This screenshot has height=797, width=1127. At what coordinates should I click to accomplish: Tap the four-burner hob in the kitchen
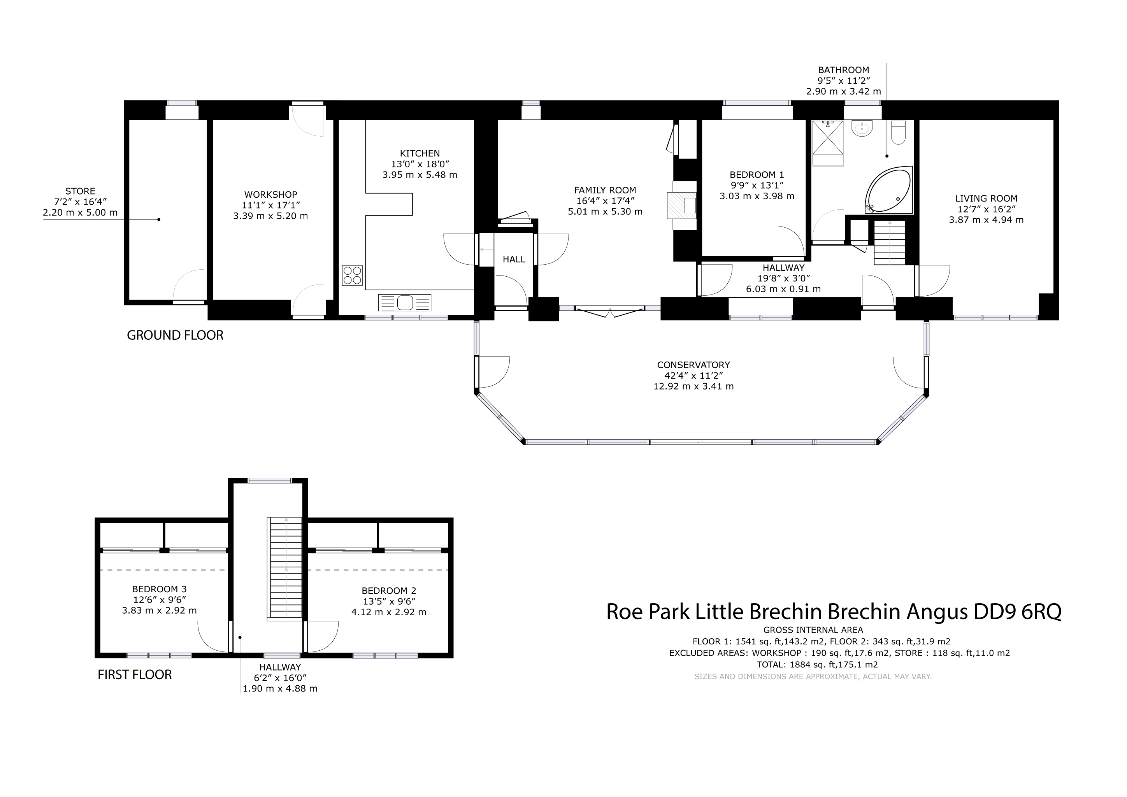tap(352, 275)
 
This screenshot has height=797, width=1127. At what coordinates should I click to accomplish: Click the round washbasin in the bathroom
tap(862, 128)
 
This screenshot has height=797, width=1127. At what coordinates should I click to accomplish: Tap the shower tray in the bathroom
tap(828, 143)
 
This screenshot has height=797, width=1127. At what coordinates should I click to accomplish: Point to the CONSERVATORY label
tap(693, 365)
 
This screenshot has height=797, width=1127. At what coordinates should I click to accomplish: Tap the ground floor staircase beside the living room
tap(890, 242)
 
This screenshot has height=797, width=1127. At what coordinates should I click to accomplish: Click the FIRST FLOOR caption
tap(135, 675)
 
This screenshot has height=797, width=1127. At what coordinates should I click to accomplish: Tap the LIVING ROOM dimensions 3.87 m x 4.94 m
tap(986, 220)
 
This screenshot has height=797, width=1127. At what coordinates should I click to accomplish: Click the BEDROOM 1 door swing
tap(789, 242)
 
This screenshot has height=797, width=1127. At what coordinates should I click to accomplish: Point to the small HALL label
tap(514, 259)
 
